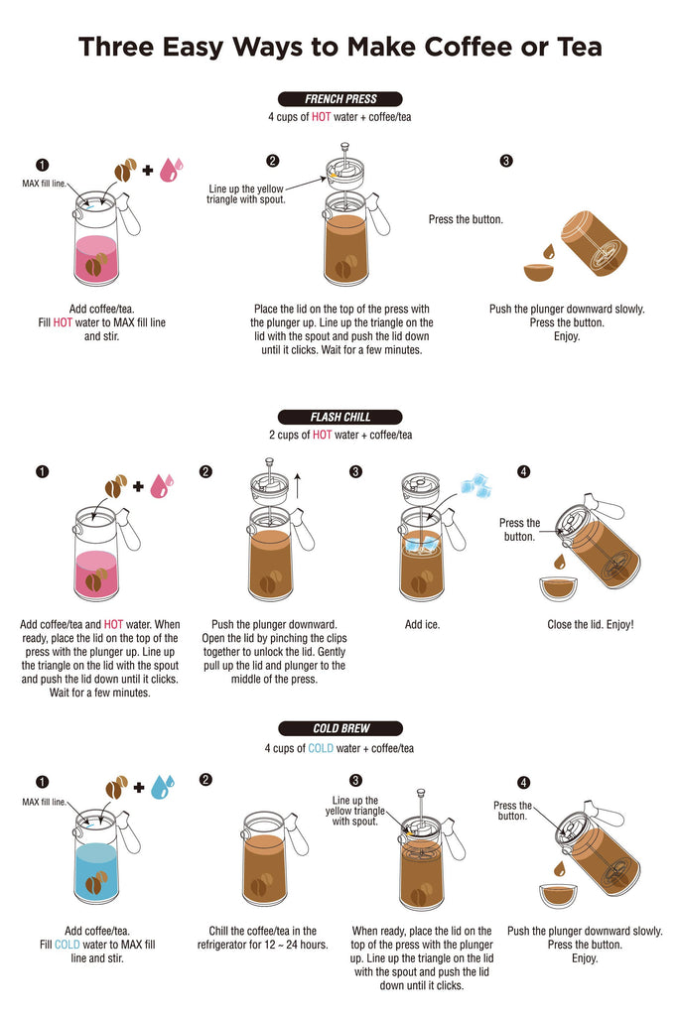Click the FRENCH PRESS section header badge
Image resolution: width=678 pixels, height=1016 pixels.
[340, 99]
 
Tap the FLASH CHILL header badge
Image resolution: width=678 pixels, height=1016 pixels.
[340, 417]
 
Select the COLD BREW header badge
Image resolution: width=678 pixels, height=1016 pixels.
[340, 728]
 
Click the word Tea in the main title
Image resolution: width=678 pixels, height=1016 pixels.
[575, 47]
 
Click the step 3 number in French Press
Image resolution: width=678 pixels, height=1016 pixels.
[506, 161]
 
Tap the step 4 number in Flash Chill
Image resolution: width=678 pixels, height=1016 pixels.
[524, 471]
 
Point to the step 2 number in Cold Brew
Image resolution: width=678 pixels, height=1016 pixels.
[205, 780]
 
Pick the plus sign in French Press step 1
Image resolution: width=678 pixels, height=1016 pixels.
[148, 170]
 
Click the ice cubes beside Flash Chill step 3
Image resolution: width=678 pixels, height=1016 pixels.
[475, 485]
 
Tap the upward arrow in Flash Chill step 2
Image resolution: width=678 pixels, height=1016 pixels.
[298, 485]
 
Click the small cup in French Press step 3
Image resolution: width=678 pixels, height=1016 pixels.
[539, 272]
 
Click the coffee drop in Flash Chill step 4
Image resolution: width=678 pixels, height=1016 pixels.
[560, 560]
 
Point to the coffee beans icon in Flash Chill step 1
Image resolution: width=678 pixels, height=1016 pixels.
[116, 486]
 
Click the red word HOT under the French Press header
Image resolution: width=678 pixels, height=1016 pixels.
[321, 117]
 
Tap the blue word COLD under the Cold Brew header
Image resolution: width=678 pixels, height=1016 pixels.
[321, 748]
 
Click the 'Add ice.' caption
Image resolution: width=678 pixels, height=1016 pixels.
[422, 625]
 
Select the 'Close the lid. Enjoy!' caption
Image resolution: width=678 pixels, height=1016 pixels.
[591, 625]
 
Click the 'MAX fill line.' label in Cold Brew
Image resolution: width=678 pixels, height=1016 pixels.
[44, 802]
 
